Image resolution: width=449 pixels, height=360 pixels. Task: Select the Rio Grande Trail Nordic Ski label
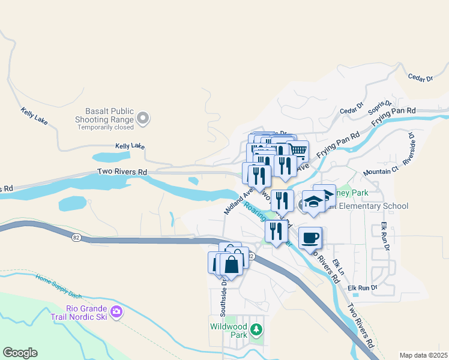click(86, 313)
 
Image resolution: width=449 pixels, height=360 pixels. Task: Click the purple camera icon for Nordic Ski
click(116, 311)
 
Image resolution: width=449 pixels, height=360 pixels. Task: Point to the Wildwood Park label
click(228, 331)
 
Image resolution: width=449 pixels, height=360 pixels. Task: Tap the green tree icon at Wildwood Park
click(256, 329)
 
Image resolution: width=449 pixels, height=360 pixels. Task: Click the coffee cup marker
click(310, 238)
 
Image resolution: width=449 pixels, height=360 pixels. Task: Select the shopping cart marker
click(298, 151)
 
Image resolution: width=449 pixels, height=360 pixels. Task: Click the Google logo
click(20, 353)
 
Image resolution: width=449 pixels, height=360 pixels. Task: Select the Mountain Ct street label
click(381, 172)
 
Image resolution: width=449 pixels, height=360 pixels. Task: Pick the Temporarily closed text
click(104, 127)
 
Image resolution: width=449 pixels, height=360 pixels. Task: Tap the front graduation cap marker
click(313, 202)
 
